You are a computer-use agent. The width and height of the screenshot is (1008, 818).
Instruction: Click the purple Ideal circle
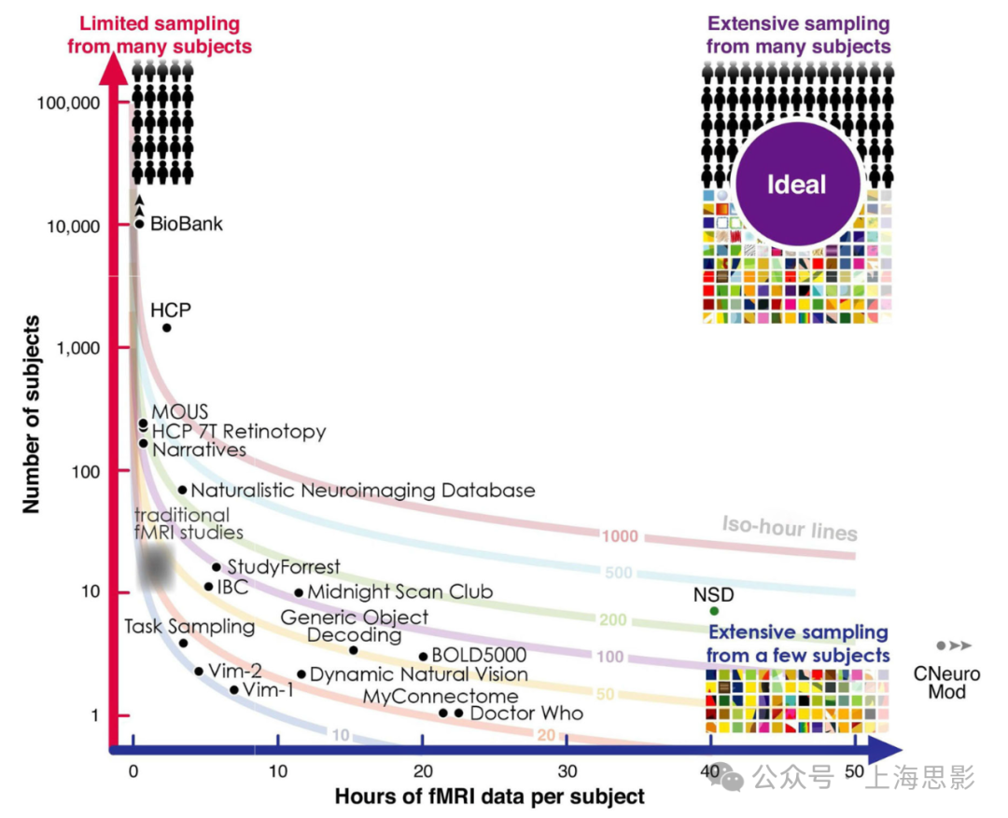[x=797, y=184]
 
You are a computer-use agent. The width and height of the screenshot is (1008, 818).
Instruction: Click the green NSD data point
[x=714, y=611]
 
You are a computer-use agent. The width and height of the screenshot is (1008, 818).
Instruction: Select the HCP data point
[x=167, y=327]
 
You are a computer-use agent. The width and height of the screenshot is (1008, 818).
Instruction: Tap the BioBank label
[x=187, y=224]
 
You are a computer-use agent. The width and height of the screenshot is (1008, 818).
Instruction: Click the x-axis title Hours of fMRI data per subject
[x=489, y=797]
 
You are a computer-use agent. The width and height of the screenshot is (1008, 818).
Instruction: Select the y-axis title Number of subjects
[x=33, y=414]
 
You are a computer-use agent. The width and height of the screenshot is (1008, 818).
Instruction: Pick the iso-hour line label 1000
[x=620, y=535]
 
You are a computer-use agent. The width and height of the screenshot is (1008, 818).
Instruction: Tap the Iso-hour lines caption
[x=789, y=527]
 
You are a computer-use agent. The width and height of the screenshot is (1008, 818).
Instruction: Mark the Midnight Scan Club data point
[x=299, y=592]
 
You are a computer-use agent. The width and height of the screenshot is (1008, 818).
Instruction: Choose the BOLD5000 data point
[x=423, y=657]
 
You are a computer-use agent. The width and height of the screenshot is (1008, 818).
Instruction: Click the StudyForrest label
[x=284, y=567]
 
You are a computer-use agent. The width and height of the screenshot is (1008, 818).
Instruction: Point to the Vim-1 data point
[x=233, y=690]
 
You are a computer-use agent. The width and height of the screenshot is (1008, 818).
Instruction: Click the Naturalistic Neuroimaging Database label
[x=363, y=491]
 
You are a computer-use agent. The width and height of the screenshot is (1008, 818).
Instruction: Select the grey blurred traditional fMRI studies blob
[x=156, y=566]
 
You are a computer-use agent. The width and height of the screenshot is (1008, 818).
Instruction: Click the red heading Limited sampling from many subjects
[x=160, y=35]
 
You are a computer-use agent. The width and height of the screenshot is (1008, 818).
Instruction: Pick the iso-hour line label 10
[x=341, y=735]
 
